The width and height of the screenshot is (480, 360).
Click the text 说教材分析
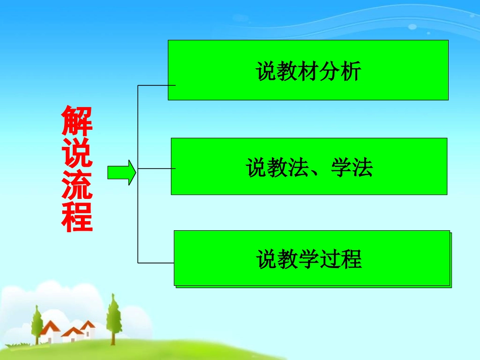click(x=309, y=71)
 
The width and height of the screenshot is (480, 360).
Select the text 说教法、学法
click(x=309, y=168)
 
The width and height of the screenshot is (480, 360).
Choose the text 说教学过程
click(x=309, y=259)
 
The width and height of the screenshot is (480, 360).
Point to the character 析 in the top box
click(x=351, y=71)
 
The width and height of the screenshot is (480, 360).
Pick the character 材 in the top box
click(x=309, y=71)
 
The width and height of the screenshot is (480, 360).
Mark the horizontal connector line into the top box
click(x=156, y=85)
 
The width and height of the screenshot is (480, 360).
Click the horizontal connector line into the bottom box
click(x=156, y=263)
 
